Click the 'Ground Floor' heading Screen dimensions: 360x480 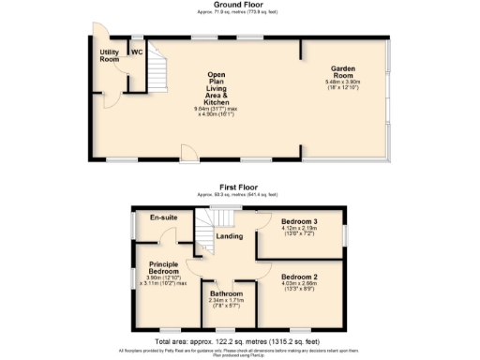tap(239, 5)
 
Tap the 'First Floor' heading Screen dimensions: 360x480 tap(239, 187)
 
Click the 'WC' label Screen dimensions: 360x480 tap(136, 52)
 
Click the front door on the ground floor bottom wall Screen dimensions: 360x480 tap(187, 152)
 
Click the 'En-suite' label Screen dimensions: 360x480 tap(164, 217)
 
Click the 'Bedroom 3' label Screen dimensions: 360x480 tap(301, 221)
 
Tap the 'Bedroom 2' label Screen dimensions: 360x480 tap(301, 277)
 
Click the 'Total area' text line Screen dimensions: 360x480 tap(239, 343)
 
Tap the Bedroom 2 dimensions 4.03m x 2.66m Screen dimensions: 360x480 tap(301, 285)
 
